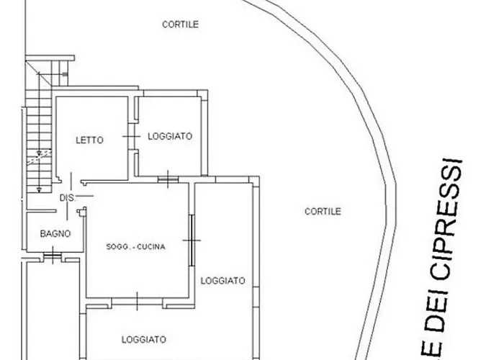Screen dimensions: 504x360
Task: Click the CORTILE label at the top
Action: coord(180,24)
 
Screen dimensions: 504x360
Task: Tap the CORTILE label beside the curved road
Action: coord(323,211)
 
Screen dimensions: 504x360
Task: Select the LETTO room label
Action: coord(90,140)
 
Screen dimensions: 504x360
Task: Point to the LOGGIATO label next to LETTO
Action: coord(170,136)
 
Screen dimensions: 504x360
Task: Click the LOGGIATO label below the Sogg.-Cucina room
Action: coord(144,339)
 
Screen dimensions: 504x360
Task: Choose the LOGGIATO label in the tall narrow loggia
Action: coord(222,281)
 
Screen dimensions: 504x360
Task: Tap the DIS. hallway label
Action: coord(67,198)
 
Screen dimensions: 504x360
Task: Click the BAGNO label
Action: coord(55,234)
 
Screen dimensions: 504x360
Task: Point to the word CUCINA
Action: coord(151,247)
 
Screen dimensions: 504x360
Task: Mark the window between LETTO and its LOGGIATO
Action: coord(132,136)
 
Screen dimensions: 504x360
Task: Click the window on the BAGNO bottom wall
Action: coord(53,256)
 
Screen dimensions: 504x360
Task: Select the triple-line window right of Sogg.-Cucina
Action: coord(192,240)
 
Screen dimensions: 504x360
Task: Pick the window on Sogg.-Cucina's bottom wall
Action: coord(138,302)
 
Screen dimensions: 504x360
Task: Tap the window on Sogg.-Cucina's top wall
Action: coord(168,179)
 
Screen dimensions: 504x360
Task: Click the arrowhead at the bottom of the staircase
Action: coord(39,190)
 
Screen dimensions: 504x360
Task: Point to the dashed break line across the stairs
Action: coord(39,157)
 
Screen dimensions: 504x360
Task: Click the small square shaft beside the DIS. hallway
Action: coord(82,212)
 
